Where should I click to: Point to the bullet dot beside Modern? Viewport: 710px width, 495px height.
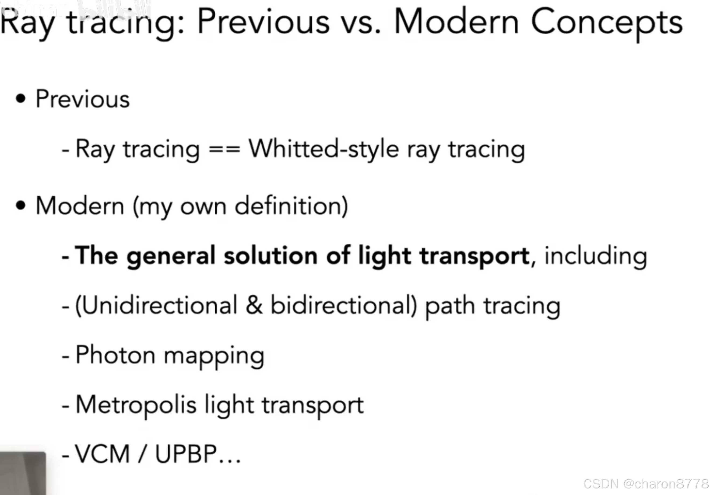[x=20, y=206]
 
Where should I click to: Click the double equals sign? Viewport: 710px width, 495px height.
[x=224, y=149]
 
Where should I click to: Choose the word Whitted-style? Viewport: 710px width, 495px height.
[x=324, y=149]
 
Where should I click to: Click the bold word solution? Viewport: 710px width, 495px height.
[x=270, y=256]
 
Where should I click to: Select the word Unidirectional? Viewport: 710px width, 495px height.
[x=156, y=305]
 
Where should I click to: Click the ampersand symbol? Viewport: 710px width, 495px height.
[x=254, y=305]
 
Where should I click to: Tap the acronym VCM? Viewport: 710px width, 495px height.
[x=102, y=454]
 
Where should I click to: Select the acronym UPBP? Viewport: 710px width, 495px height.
[x=185, y=454]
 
